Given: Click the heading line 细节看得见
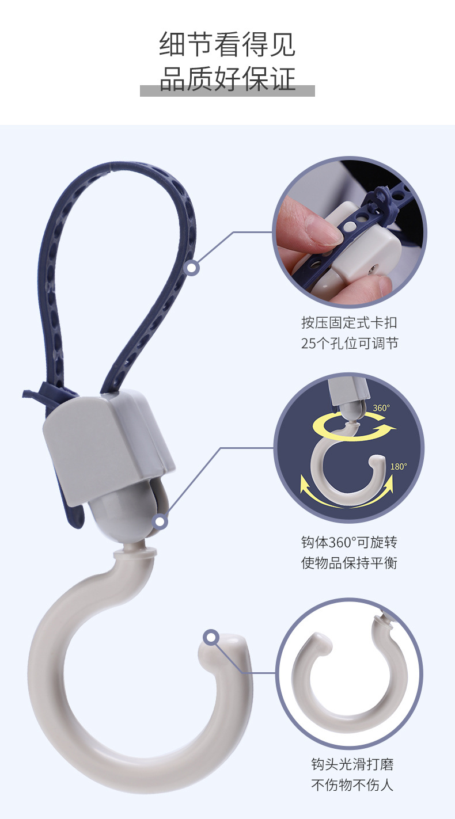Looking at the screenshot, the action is pyautogui.click(x=227, y=45).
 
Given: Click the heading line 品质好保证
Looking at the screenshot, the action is pyautogui.click(x=227, y=78).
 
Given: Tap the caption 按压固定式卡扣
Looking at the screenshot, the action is pyautogui.click(x=349, y=322).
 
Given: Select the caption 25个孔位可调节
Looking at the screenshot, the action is pyautogui.click(x=349, y=344).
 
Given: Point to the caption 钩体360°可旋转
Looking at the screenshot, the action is pyautogui.click(x=349, y=542).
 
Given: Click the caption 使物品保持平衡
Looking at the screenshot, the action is pyautogui.click(x=349, y=563).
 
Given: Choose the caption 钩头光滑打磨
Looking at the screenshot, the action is pyautogui.click(x=352, y=764).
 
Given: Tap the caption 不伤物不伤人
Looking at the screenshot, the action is pyautogui.click(x=352, y=784).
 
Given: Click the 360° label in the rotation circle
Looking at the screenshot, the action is pyautogui.click(x=381, y=408).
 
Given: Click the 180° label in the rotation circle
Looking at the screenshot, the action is pyautogui.click(x=399, y=467).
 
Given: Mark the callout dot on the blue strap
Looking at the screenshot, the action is pyautogui.click(x=192, y=268).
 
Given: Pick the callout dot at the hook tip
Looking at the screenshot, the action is pyautogui.click(x=211, y=638).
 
